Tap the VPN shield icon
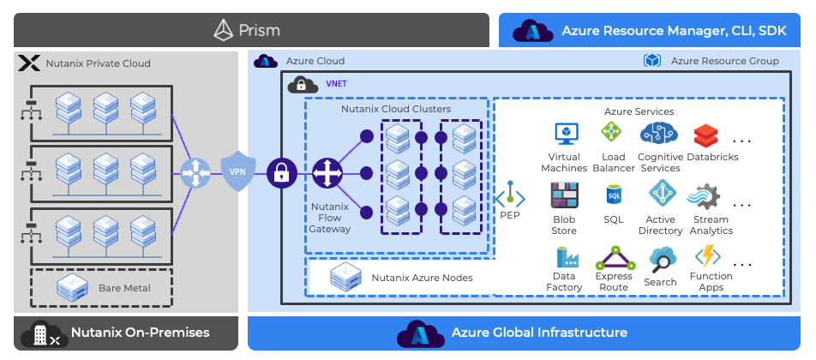(237, 171)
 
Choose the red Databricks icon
(705, 135)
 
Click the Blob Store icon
(564, 196)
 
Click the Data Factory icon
(564, 257)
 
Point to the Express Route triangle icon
(613, 257)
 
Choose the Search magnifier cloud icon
(662, 258)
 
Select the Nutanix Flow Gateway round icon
(327, 173)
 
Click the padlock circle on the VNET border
(280, 173)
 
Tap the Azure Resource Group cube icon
(653, 61)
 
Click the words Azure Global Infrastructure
(539, 333)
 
